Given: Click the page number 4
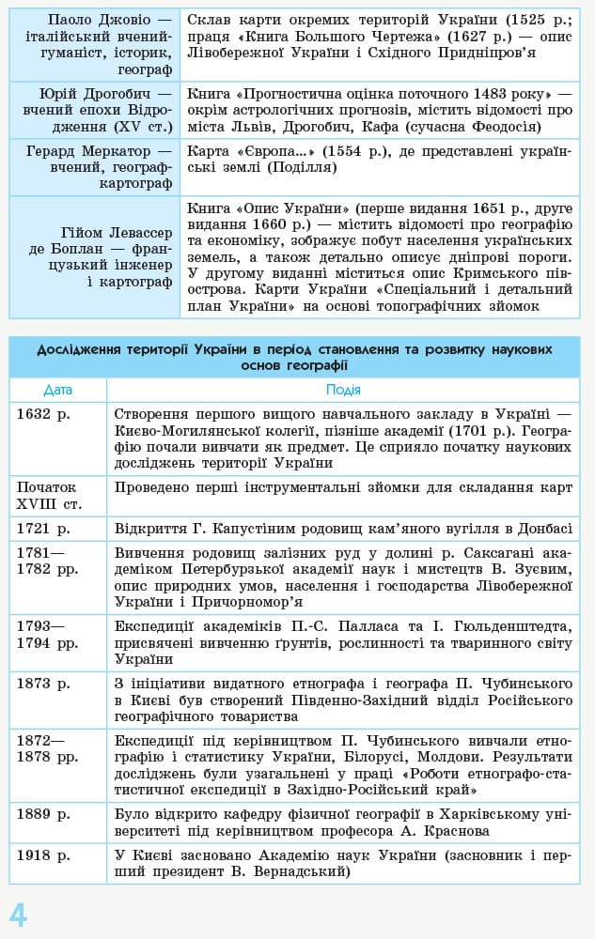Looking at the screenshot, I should tap(18, 914).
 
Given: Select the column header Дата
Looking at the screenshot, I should tap(57, 390).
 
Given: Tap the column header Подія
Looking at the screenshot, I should tap(343, 390).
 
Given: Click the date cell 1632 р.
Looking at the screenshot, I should tap(43, 412).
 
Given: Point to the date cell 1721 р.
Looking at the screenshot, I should tap(43, 528).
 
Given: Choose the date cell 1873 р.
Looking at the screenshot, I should tap(43, 683).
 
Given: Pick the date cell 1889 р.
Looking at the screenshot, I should tap(43, 814).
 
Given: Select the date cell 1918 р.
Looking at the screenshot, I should tap(43, 855).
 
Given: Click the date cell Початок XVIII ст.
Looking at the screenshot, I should tap(47, 496).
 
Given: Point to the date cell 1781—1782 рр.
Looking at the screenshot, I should tap(47, 560).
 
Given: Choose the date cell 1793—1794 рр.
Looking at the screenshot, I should tap(47, 634).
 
